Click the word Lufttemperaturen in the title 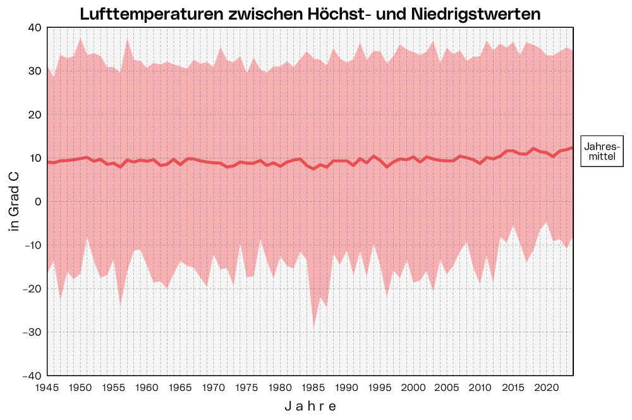[x=149, y=14]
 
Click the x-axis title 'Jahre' [x=310, y=405]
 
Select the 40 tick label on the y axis [x=34, y=28]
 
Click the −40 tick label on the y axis [x=32, y=376]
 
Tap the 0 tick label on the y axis [x=37, y=202]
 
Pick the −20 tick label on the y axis [x=32, y=289]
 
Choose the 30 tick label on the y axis [x=34, y=71]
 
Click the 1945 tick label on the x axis [x=47, y=386]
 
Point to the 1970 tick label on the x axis [x=214, y=386]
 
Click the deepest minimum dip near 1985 [x=313, y=327]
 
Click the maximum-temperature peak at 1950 [x=80, y=37]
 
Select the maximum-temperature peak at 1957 [x=127, y=39]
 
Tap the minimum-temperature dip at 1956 [x=120, y=305]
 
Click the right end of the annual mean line [x=572, y=147]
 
